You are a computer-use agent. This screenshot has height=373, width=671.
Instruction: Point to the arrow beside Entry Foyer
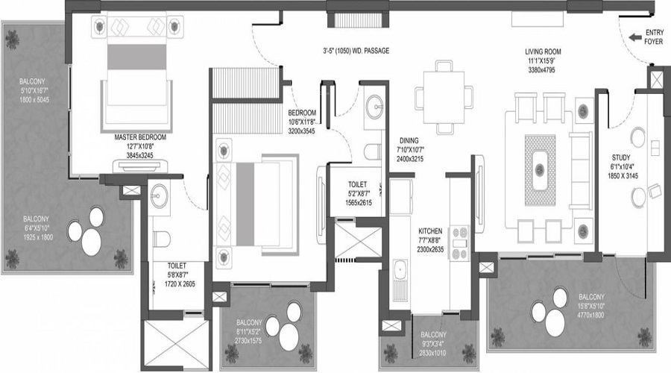coord(636,36)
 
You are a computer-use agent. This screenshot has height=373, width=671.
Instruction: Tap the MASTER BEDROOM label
coord(140,138)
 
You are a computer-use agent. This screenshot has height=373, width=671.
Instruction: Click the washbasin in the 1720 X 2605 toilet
coord(158,197)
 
